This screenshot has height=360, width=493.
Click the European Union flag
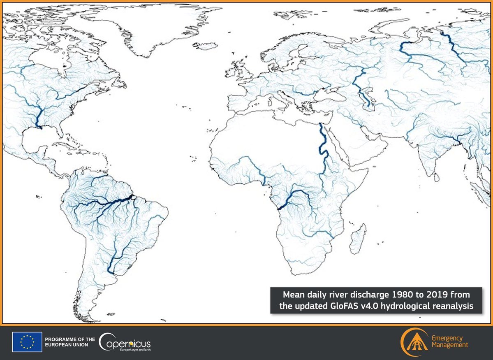(27, 342)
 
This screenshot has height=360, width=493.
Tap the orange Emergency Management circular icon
(414, 342)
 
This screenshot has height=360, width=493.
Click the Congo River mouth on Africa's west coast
(278, 209)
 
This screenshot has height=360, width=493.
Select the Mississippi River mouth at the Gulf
(40, 128)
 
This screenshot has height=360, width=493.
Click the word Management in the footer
(449, 345)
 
